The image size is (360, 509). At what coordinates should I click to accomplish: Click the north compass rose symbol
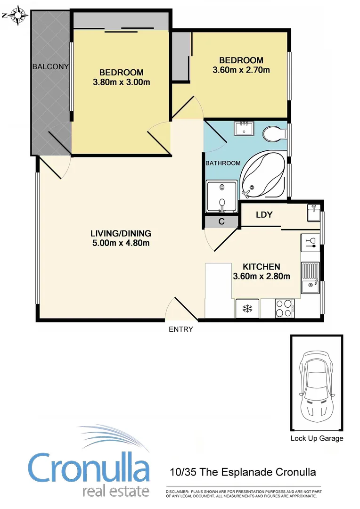(17, 15)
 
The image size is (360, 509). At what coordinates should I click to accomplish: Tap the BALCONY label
(50, 66)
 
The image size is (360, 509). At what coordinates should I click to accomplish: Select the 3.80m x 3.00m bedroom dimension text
(121, 83)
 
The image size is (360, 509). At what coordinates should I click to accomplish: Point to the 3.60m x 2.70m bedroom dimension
(241, 71)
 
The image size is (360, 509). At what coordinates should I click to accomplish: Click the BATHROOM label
(222, 163)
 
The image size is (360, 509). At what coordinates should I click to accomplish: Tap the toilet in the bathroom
(273, 133)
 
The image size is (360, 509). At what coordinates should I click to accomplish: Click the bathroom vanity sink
(244, 128)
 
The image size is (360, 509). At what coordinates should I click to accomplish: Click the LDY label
(264, 214)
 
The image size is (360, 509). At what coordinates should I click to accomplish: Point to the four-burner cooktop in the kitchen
(284, 309)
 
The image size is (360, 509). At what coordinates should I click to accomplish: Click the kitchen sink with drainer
(311, 278)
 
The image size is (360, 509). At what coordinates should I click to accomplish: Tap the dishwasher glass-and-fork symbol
(311, 243)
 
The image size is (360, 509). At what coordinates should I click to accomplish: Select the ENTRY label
(181, 329)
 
